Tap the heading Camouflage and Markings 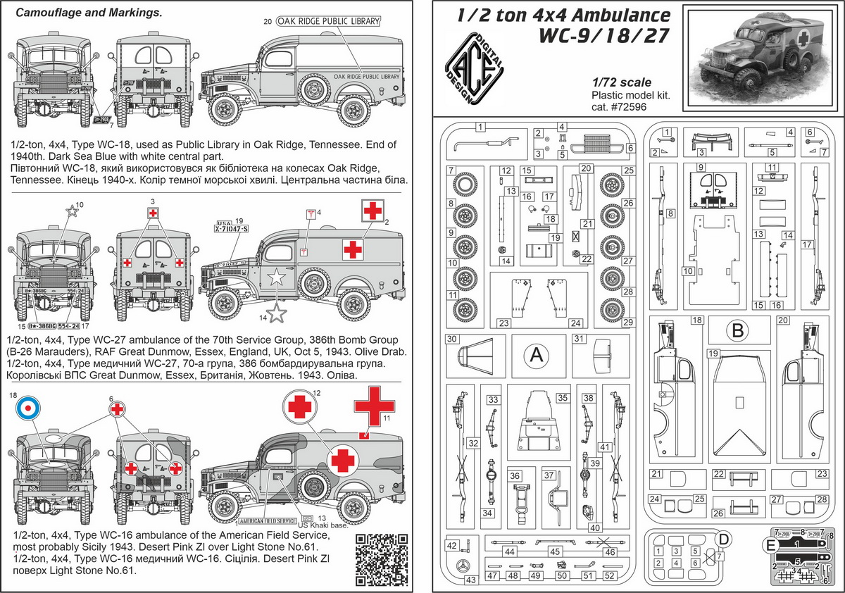coord(88,13)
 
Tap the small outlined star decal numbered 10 coord(71,211)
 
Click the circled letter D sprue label coord(722,539)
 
